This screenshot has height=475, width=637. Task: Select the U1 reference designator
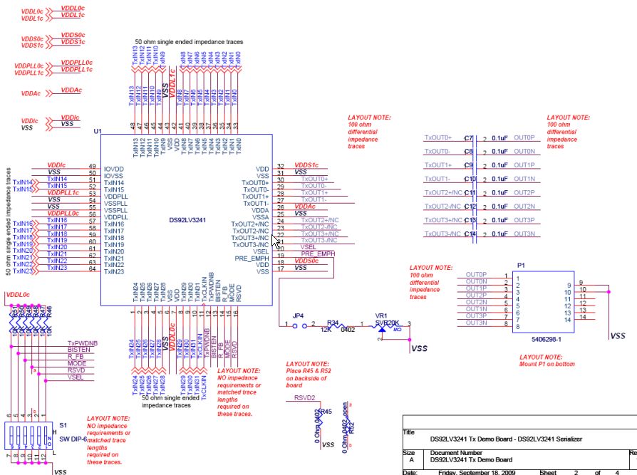click(x=98, y=132)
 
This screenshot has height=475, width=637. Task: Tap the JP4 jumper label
click(x=298, y=315)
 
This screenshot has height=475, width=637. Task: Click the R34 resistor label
click(x=333, y=322)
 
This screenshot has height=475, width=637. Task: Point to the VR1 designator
click(x=381, y=315)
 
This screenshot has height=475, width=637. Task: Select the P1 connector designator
click(x=520, y=264)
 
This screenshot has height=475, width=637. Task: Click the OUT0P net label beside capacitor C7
click(x=524, y=137)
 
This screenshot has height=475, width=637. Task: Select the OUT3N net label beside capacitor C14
click(x=524, y=234)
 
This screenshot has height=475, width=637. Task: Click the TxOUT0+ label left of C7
click(x=438, y=137)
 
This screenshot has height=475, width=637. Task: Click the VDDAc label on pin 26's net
click(x=306, y=206)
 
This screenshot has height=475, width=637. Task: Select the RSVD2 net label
click(x=304, y=398)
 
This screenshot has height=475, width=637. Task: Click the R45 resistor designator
click(x=325, y=412)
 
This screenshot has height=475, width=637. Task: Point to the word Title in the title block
click(x=409, y=432)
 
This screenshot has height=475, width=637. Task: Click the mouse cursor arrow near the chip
click(x=275, y=240)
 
